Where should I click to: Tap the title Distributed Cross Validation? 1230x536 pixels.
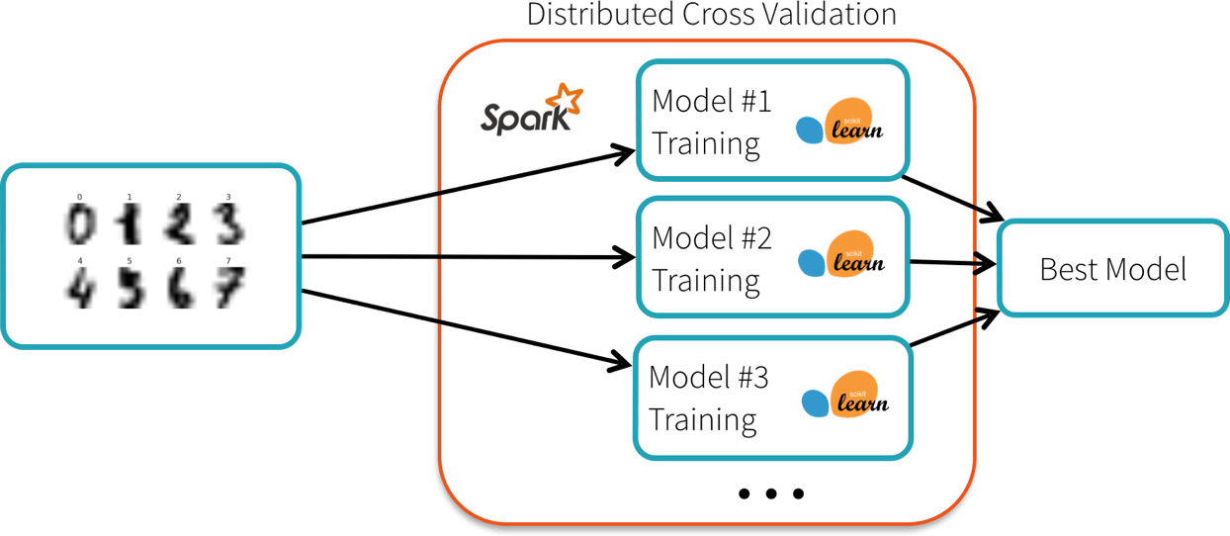click(x=711, y=15)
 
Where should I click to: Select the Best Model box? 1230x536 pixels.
click(x=1112, y=269)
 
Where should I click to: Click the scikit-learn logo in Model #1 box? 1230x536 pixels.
click(x=841, y=122)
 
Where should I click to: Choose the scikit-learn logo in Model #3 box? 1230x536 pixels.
click(x=844, y=396)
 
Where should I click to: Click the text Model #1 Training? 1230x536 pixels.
click(x=710, y=123)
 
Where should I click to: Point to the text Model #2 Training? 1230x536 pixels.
click(x=710, y=259)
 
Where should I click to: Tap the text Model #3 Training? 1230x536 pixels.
click(x=708, y=398)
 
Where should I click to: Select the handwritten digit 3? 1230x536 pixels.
click(x=228, y=223)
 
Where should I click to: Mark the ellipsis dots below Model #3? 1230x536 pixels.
click(x=771, y=492)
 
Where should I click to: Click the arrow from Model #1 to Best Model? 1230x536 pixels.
click(x=953, y=199)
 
